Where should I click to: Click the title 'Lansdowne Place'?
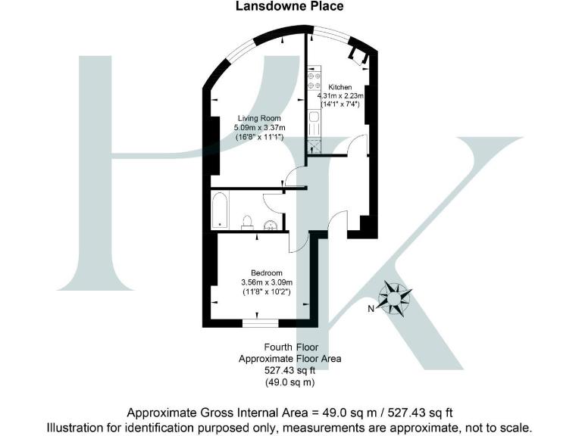pos(291,7)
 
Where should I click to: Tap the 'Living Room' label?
pos(259,118)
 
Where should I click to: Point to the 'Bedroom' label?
pos(268,273)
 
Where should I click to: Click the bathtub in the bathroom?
pos(220,210)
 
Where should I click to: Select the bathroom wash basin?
pos(271,224)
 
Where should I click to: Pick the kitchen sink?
pos(314,119)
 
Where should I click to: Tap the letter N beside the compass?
pos(371,309)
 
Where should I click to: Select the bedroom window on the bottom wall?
pos(259,322)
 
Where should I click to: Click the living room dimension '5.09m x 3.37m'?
pos(259,128)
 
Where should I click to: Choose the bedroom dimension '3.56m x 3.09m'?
pos(268,282)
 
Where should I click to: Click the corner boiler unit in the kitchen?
pos(355,54)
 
